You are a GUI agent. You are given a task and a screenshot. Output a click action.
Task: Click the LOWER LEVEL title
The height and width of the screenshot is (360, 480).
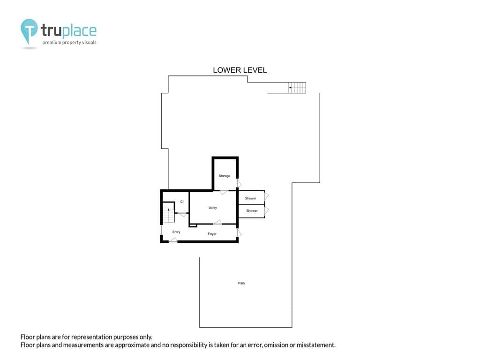(240, 70)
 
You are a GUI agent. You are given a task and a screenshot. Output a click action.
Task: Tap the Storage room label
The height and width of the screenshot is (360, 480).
(225, 176)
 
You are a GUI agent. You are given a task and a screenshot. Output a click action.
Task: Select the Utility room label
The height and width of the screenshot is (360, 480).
(213, 208)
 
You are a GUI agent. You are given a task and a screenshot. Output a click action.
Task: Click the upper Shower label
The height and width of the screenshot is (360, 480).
(250, 198)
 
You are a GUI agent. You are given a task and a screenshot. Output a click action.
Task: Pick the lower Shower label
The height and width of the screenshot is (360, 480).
(252, 210)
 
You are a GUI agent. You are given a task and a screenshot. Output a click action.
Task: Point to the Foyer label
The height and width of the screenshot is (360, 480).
(212, 234)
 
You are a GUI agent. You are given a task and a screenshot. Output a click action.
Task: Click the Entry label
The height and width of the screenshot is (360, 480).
(176, 232)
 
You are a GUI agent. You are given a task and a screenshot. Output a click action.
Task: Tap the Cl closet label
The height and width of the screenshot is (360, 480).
(182, 202)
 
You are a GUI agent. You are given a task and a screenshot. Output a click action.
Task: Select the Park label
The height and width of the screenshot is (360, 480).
(241, 283)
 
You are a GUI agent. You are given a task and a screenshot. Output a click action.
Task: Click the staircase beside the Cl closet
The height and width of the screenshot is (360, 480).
(168, 215)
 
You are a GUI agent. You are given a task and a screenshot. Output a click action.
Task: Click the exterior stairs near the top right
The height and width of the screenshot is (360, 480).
(297, 88)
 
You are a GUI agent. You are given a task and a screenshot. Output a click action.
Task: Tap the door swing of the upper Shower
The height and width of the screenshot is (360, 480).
(267, 196)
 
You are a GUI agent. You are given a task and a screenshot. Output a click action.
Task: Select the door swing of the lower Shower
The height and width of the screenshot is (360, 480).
(267, 210)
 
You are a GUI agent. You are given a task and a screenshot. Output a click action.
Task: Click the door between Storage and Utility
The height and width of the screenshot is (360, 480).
(224, 192)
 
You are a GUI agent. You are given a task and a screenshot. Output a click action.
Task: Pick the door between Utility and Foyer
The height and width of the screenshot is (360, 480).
(217, 222)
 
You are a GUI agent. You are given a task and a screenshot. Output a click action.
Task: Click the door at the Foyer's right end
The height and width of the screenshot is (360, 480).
(239, 233)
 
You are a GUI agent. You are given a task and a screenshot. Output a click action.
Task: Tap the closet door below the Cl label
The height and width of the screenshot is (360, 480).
(182, 215)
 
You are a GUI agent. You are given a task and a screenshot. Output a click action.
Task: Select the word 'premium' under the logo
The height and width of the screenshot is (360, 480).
(52, 43)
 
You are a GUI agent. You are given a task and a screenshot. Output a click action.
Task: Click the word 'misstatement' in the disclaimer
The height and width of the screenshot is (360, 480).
(316, 345)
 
